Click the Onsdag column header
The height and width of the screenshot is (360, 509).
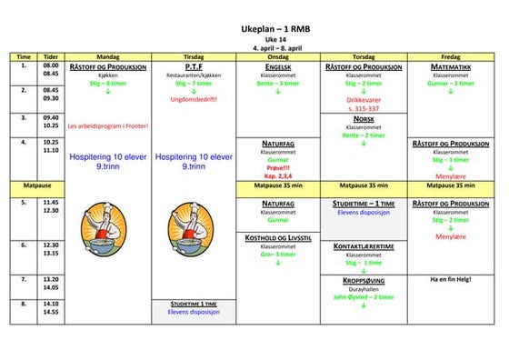tap(278, 55)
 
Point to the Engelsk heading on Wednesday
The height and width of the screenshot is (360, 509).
tap(278, 66)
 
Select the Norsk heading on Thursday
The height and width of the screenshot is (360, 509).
tap(364, 119)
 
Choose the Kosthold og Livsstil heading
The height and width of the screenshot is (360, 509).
tap(278, 236)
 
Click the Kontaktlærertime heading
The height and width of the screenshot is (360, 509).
tap(364, 246)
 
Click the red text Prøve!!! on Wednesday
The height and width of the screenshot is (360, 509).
tap(278, 166)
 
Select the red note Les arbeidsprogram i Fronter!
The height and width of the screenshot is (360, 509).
tap(107, 125)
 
